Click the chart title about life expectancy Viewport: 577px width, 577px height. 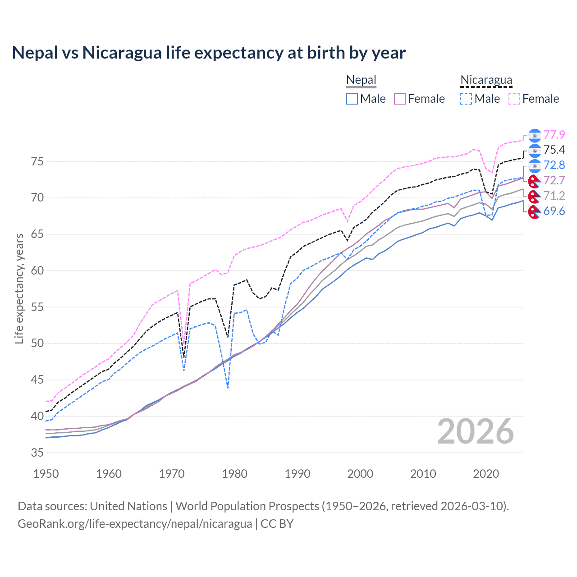(x=209, y=53)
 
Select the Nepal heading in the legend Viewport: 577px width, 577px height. (x=361, y=80)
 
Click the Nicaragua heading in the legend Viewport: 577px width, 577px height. (x=486, y=80)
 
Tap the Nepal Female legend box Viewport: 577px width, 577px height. (x=400, y=99)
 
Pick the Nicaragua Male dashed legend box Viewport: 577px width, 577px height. (x=466, y=99)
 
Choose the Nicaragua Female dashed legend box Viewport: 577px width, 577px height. (x=514, y=99)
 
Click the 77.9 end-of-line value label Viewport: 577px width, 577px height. (x=554, y=135)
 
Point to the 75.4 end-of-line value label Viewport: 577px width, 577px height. (x=554, y=150)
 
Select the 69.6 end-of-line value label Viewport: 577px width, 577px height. (x=554, y=211)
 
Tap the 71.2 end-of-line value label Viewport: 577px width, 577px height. (x=554, y=196)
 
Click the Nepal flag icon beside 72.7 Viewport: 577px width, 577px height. (x=534, y=181)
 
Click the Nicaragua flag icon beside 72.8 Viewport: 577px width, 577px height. (x=534, y=165)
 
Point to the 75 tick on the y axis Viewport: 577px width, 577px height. (x=37, y=161)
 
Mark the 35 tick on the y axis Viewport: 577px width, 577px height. (x=37, y=453)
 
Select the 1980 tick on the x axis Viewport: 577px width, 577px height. (x=234, y=474)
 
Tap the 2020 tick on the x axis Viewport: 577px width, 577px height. (x=486, y=474)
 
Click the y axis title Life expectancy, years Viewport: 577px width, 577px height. (x=19, y=288)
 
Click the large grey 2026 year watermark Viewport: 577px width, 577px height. (x=475, y=432)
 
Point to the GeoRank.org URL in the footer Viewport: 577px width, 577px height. (x=135, y=524)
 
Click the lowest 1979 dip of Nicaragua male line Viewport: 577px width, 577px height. (x=228, y=387)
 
